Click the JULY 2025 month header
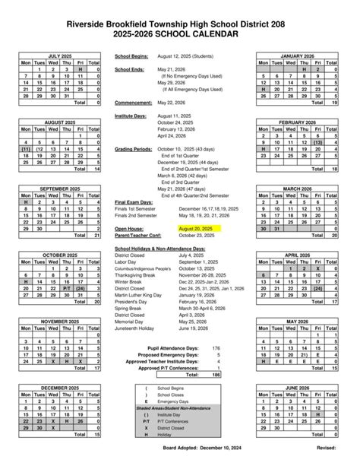click(64, 55)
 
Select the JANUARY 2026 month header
click(296, 55)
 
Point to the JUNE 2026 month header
click(296, 387)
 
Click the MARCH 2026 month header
click(296, 189)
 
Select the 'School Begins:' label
click(131, 56)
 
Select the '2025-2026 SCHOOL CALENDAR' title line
click(180, 35)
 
